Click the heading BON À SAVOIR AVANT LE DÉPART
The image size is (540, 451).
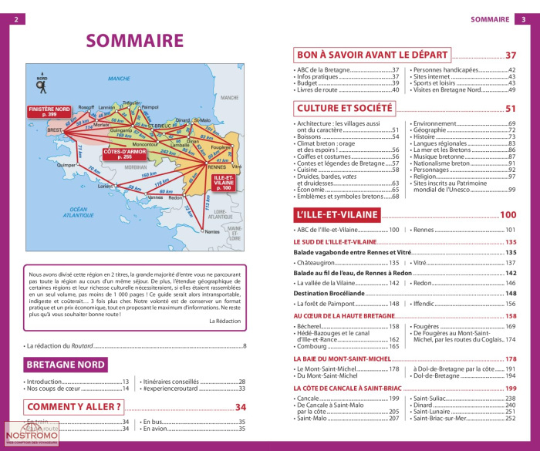373,55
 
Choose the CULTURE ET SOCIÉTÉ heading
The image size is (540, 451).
345,109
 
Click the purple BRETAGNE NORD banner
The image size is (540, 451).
66,365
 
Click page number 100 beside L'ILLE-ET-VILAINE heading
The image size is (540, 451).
508,215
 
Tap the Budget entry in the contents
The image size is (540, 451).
307,83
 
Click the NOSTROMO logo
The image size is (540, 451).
31,437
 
